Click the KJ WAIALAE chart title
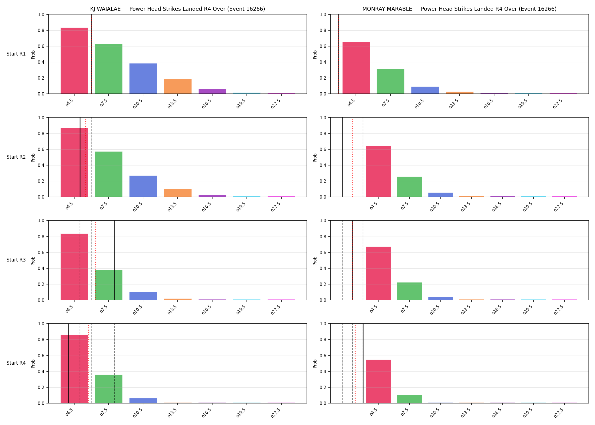coord(178,9)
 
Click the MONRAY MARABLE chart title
coord(459,9)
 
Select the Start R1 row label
coord(16,54)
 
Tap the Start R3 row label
coord(16,260)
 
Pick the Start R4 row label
coord(16,363)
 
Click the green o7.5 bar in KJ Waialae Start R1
coord(109,69)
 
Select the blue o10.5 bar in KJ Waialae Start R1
coord(143,78)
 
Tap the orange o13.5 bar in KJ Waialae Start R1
coord(178,86)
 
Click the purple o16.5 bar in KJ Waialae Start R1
coord(212,91)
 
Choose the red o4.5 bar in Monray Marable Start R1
coord(356,68)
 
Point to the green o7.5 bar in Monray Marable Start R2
coord(409,187)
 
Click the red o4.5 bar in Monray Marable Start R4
coord(379,381)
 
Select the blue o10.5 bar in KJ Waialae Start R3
coord(143,296)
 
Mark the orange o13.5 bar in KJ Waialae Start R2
coord(178,193)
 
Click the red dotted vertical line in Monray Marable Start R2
coord(352,157)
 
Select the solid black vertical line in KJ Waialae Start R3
coord(114,260)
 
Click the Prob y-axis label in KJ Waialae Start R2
coord(33,158)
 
